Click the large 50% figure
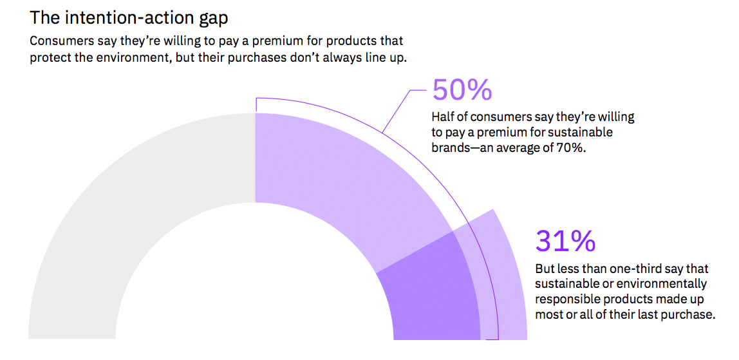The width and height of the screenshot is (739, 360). point(462,90)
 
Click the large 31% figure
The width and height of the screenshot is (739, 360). point(565,241)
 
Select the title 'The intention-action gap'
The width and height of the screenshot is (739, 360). point(129,17)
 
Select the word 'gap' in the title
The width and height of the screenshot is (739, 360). point(210,19)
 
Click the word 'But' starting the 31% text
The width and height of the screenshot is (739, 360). point(545,268)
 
